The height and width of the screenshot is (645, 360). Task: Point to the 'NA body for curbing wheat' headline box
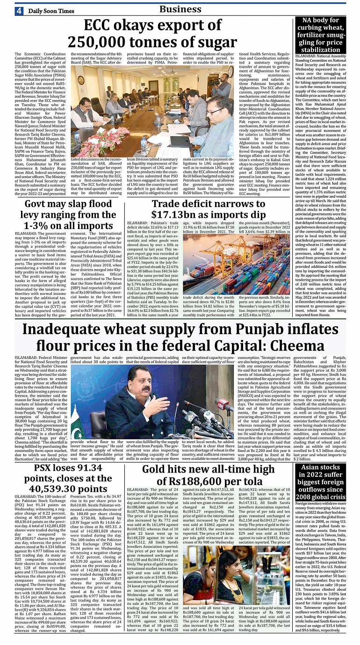[x=320, y=35]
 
